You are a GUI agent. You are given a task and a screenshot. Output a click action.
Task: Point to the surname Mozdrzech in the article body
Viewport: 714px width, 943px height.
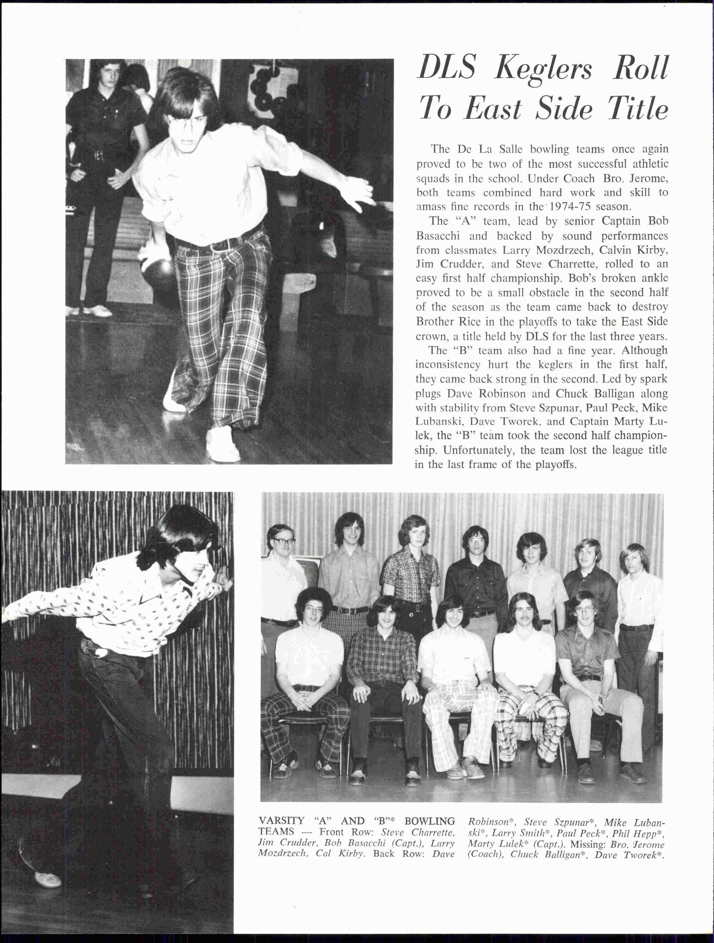coord(563,250)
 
